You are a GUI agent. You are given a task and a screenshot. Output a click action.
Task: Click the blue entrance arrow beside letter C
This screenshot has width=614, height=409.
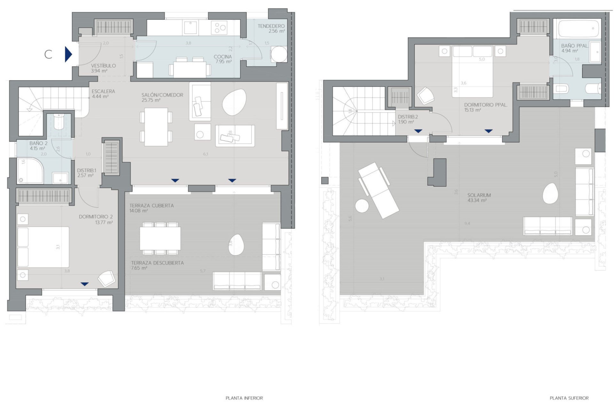coord(68,54)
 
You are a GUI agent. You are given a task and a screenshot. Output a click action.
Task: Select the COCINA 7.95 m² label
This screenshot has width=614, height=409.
coord(223,59)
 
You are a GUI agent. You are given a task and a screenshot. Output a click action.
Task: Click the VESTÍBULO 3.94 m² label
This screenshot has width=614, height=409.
coord(103,68)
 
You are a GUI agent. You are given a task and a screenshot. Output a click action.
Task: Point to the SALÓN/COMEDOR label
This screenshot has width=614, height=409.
coord(162,97)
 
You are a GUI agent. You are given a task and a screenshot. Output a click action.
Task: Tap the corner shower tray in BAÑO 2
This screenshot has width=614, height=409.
coord(30,171)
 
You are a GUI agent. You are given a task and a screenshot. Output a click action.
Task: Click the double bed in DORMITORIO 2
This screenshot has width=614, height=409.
coord(43,247)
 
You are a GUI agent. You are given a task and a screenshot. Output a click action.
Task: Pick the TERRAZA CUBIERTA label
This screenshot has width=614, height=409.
coord(152,208)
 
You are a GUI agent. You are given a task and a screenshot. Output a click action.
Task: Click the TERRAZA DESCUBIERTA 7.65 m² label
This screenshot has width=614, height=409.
coord(157,265)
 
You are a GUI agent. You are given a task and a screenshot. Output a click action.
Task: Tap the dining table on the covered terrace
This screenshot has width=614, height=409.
coord(160,239)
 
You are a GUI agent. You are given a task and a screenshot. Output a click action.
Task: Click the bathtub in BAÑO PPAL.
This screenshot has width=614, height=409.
coord(577,29)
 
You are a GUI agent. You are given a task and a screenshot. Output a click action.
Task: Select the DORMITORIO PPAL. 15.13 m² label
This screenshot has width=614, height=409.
coord(485,107)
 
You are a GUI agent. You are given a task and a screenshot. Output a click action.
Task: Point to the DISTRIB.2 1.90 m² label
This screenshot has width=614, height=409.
coord(408,119)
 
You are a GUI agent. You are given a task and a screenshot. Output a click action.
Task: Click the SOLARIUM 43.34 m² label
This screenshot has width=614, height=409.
coord(479,198)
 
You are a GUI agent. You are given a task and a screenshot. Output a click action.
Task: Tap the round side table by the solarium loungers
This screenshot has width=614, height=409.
coord(362,206)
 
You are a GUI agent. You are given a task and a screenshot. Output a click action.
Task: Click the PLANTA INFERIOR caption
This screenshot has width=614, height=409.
coord(244,398)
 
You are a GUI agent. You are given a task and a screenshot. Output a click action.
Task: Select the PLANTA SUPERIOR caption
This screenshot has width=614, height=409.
coord(569,398)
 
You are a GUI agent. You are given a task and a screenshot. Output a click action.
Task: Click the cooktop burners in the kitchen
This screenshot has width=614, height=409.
coord(220,27)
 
